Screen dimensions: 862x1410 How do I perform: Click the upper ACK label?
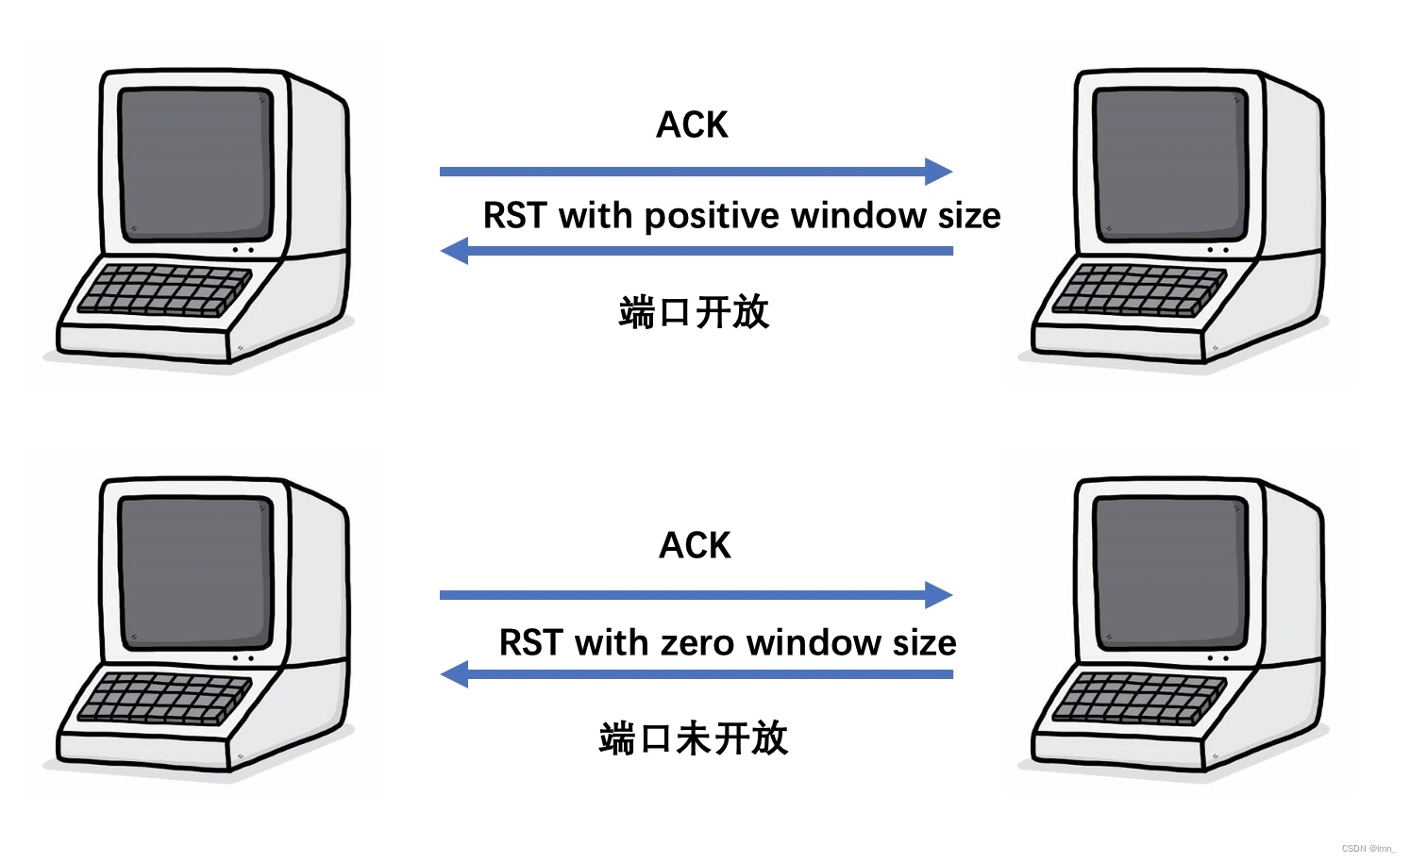pyautogui.click(x=692, y=125)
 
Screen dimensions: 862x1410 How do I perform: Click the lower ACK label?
pyautogui.click(x=695, y=546)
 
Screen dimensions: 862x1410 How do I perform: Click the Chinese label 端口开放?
pyautogui.click(x=694, y=312)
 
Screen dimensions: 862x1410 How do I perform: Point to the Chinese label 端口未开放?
pyautogui.click(x=693, y=738)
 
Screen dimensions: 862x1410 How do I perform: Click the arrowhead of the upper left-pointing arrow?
pyautogui.click(x=455, y=251)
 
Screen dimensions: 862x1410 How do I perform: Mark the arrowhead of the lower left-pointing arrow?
pyautogui.click(x=455, y=674)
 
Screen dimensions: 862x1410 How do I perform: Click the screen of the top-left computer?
pyautogui.click(x=195, y=162)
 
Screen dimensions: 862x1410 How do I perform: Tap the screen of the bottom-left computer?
pyautogui.click(x=195, y=572)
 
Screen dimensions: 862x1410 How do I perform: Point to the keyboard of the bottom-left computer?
pyautogui.click(x=162, y=699)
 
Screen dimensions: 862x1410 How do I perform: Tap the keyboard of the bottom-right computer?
pyautogui.click(x=1137, y=699)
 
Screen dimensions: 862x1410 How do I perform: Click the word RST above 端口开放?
pyautogui.click(x=514, y=217)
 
